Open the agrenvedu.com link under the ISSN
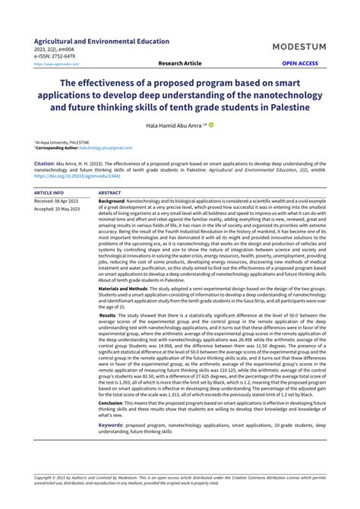click(x=57, y=65)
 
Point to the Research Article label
click(x=180, y=64)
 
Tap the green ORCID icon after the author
click(x=211, y=123)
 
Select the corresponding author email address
click(x=106, y=147)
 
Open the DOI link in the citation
click(x=68, y=174)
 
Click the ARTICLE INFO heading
click(x=49, y=193)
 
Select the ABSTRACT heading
click(x=110, y=193)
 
